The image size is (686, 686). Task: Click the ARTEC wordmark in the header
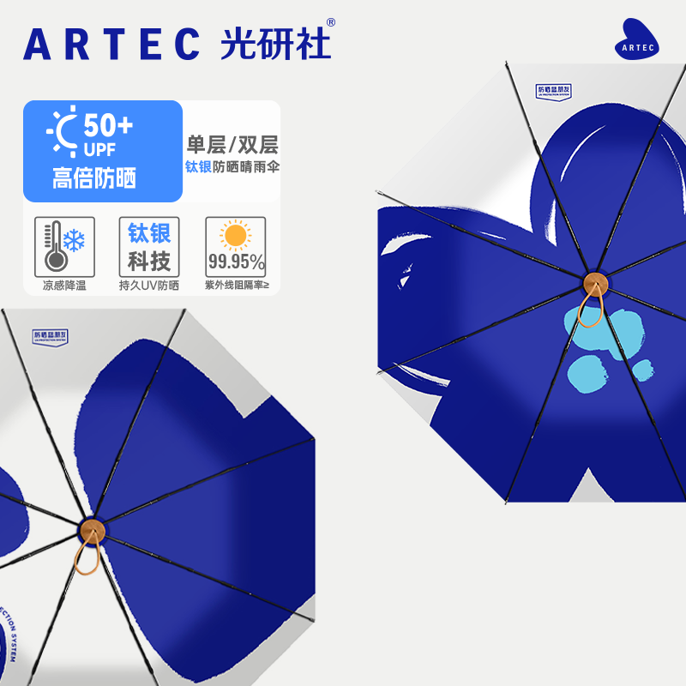click(111, 44)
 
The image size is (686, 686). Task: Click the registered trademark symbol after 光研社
click(331, 23)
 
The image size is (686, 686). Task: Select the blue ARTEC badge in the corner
click(636, 40)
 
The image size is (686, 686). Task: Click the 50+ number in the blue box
click(108, 126)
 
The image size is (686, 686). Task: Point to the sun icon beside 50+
click(63, 129)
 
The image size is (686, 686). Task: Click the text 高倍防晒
click(94, 178)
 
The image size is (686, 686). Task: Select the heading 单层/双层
click(232, 144)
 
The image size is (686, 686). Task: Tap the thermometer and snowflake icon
click(59, 244)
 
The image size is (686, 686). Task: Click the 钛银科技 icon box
click(149, 246)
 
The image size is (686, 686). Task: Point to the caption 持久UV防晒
click(149, 286)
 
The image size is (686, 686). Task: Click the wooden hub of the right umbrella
click(594, 285)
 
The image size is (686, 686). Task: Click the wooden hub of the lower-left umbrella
click(92, 529)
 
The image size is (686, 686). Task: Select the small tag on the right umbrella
click(553, 91)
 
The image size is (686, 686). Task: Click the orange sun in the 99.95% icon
click(235, 234)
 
